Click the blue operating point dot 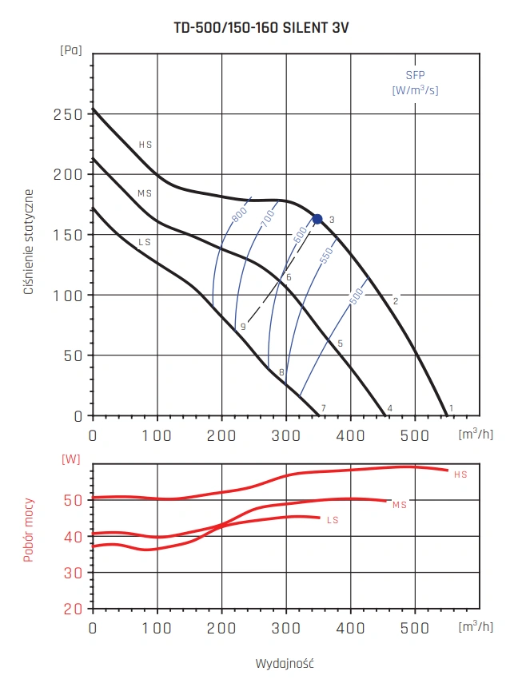tap(317, 219)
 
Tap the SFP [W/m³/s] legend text tap(415, 83)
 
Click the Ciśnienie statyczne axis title tap(29, 243)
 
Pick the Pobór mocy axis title tap(29, 528)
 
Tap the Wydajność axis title tap(284, 664)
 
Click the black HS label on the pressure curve tap(145, 145)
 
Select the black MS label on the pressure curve tap(145, 193)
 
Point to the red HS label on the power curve tap(460, 475)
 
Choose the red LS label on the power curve tap(333, 520)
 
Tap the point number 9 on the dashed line tap(242, 327)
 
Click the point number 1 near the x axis tap(451, 408)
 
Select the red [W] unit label tap(71, 459)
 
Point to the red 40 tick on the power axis tap(74, 536)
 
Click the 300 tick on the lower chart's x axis tap(285, 629)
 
